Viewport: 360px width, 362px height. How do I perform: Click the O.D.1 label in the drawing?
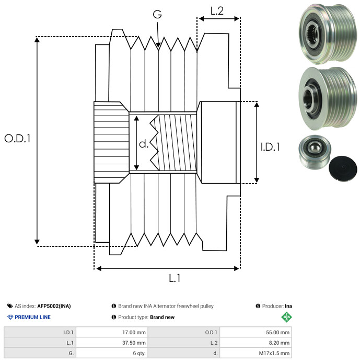tap(18, 139)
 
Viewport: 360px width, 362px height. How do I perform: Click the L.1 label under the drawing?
tap(175, 279)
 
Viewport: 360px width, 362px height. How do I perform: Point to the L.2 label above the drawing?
tap(217, 10)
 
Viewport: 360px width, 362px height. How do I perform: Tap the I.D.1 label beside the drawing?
tap(270, 148)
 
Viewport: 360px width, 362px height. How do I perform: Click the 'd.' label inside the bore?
tap(144, 144)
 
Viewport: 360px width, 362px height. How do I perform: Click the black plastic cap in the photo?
tap(343, 169)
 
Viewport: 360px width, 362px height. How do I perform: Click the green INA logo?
tap(286, 317)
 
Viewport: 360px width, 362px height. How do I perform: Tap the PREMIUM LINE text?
tap(32, 317)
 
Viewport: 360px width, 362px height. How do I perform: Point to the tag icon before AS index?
tap(10, 306)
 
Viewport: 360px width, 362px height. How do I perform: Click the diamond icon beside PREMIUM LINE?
tap(10, 317)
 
